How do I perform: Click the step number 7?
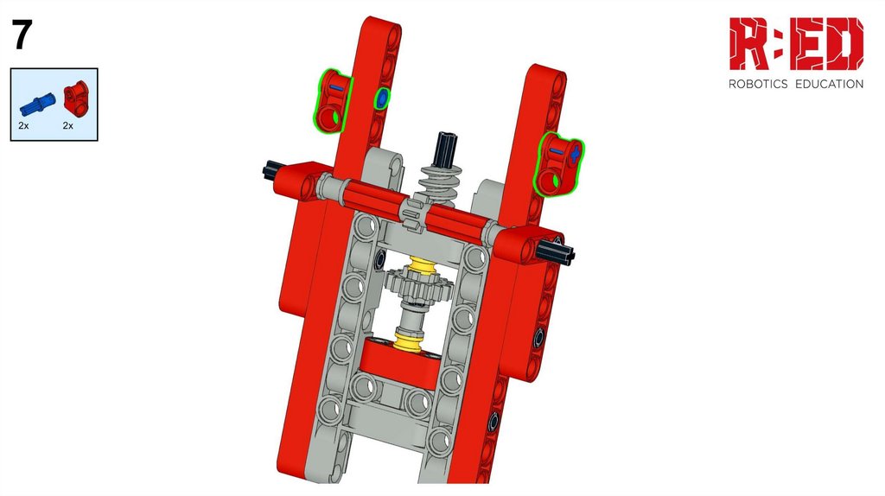click(x=22, y=35)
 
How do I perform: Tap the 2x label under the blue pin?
click(x=23, y=126)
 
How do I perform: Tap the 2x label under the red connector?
click(x=67, y=126)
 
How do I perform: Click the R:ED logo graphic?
click(x=796, y=43)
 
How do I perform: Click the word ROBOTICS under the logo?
click(x=758, y=84)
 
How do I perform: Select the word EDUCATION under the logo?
click(x=829, y=84)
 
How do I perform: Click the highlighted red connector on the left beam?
click(x=332, y=100)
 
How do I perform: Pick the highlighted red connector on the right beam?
click(x=559, y=164)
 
